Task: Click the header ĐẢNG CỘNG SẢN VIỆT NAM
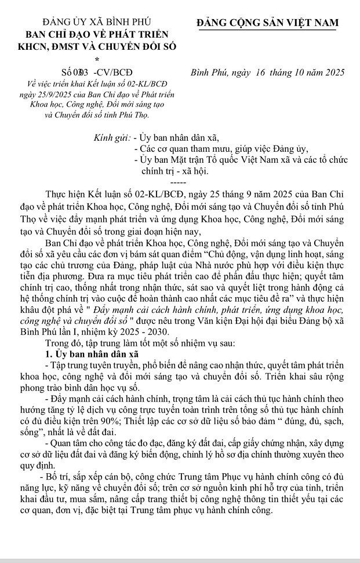267,23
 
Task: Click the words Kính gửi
113,138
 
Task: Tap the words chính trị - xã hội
174,171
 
